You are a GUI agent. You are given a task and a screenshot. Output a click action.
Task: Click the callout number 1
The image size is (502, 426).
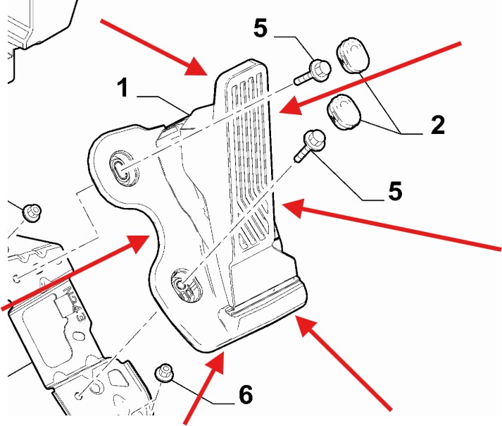(123, 89)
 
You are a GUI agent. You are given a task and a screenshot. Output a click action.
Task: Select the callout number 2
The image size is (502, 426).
(437, 125)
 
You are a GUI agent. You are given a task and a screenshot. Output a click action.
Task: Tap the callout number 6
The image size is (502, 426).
(245, 394)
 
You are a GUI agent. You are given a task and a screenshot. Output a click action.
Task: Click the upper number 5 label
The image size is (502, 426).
(261, 28)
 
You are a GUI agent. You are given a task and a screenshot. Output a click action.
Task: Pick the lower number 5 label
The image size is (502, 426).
(396, 190)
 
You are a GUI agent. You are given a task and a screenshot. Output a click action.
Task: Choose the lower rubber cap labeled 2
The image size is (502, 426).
(342, 113)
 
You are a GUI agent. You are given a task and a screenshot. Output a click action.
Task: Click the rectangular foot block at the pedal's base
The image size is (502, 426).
(268, 300)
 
